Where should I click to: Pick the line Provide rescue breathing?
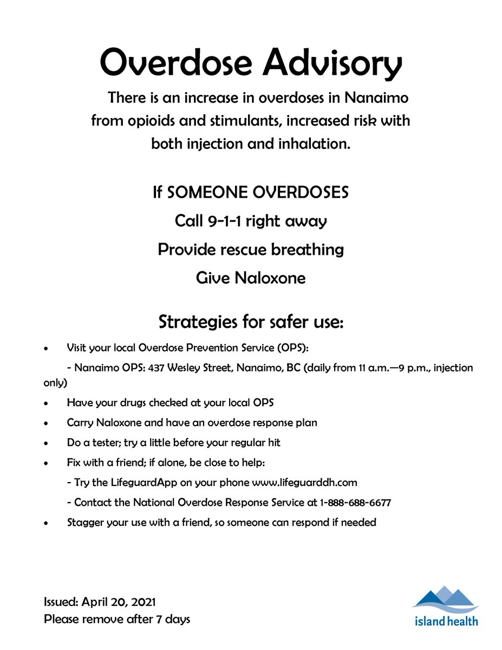pyautogui.click(x=251, y=250)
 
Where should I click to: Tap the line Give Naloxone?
pyautogui.click(x=251, y=278)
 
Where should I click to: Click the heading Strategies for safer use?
pyautogui.click(x=251, y=322)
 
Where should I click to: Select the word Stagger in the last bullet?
pyautogui.click(x=84, y=523)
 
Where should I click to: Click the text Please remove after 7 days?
pyautogui.click(x=117, y=619)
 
